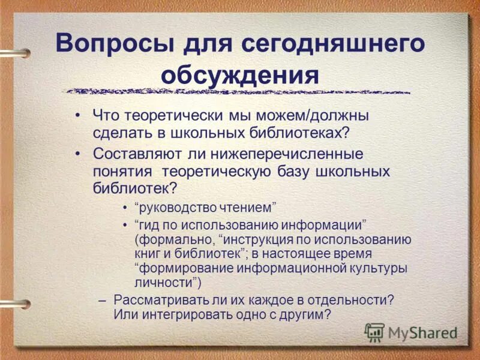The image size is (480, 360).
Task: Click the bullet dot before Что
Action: click(x=79, y=115)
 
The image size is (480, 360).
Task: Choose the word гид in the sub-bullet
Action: click(x=151, y=226)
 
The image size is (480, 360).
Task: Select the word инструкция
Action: click(x=262, y=239)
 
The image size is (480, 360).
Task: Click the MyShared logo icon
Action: click(x=374, y=332)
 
